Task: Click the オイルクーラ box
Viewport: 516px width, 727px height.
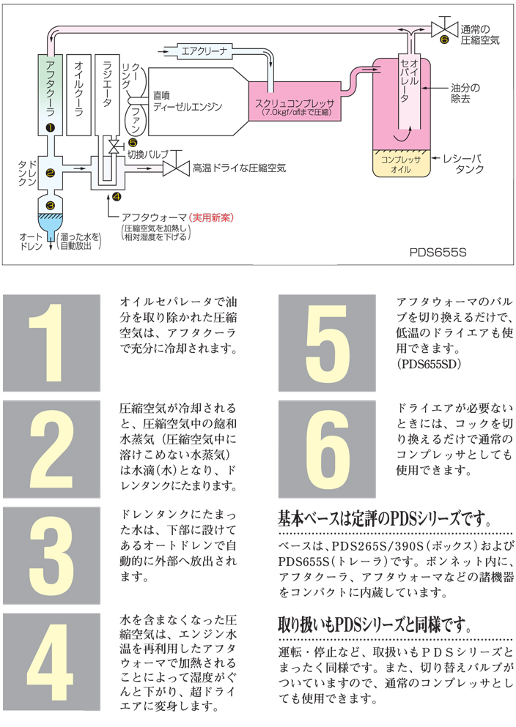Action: click(x=78, y=94)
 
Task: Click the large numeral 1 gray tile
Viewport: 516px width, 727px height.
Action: click(x=51, y=343)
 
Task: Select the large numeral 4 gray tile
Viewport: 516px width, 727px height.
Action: click(x=51, y=661)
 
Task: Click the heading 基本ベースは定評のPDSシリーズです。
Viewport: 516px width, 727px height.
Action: click(x=384, y=520)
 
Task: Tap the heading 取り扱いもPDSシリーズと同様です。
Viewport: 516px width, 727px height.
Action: click(x=373, y=625)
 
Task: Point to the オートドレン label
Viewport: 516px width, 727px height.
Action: click(x=33, y=242)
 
